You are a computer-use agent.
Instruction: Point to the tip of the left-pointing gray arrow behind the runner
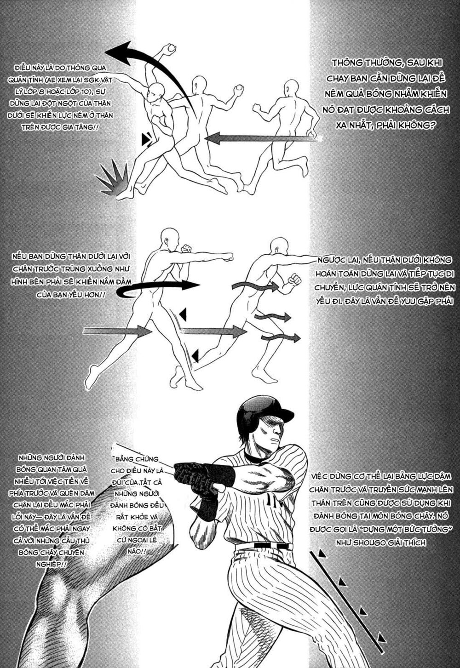coord(205,138)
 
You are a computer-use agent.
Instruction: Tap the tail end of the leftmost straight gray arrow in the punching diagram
coord(84,331)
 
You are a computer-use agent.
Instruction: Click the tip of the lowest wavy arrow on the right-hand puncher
coord(300,338)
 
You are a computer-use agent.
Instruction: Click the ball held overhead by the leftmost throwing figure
coord(172,48)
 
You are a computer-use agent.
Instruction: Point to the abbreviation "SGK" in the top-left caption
coord(95,81)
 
